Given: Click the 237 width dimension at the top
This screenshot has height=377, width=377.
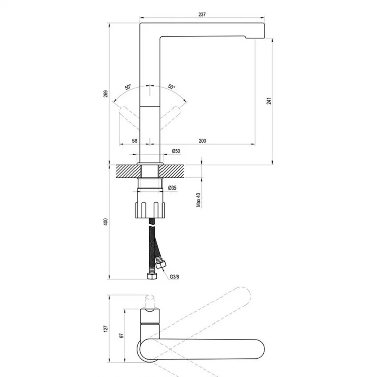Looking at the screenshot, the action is pos(202,14).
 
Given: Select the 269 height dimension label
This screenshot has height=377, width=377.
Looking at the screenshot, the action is pos(106,94).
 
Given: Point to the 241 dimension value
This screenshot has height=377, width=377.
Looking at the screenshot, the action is pos(269,101).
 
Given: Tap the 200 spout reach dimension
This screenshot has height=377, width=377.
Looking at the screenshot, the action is pos(202,141).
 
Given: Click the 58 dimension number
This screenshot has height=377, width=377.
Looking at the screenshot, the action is pos(134,141).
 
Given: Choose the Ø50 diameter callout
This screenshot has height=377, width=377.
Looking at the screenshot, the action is pos(176,151).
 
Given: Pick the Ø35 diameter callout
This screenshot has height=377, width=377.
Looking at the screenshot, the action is pos(172,188).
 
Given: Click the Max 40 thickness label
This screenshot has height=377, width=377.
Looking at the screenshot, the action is pos(198,200).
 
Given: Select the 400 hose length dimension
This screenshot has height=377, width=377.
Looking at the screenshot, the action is pos(106,222).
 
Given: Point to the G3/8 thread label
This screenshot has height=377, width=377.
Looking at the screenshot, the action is pos(174,277).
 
